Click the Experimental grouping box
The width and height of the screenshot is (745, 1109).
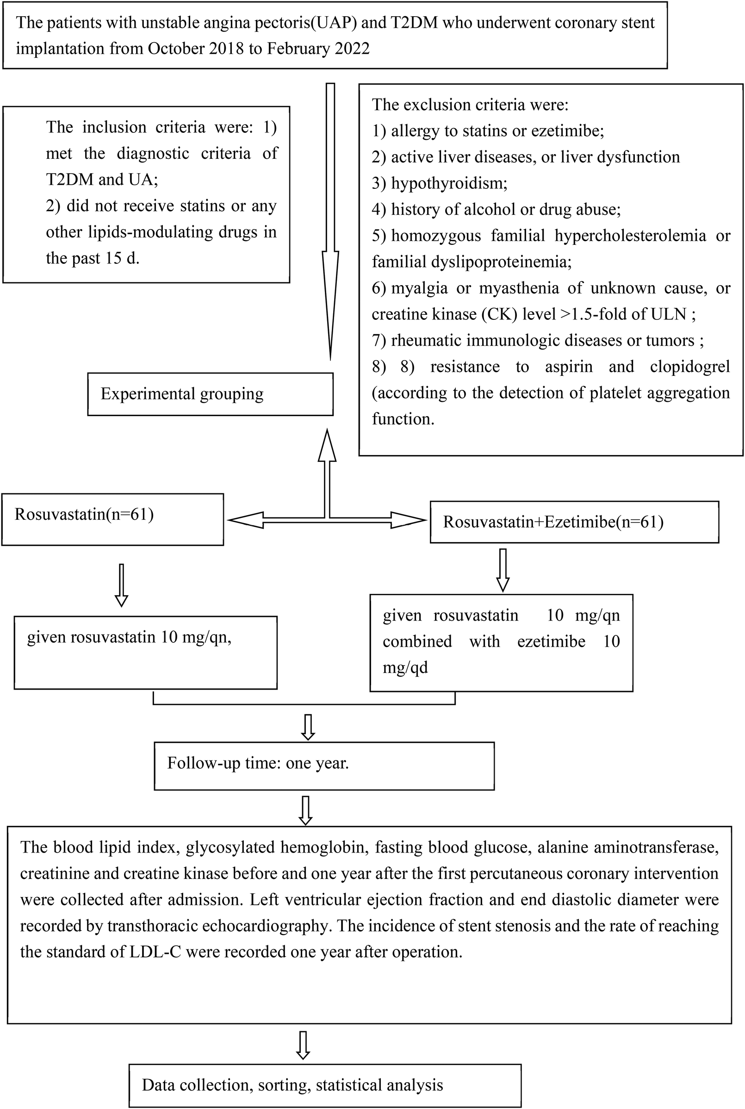tap(210, 394)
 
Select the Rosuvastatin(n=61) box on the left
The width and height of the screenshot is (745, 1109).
tap(112, 519)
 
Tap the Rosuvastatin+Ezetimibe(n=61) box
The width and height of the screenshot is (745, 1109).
tap(574, 522)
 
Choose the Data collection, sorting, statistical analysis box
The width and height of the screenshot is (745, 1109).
tap(325, 1085)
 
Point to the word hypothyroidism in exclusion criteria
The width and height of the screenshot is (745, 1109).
tap(448, 183)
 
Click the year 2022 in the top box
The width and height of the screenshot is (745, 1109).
tap(352, 49)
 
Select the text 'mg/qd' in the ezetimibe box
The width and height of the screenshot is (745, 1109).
tap(405, 667)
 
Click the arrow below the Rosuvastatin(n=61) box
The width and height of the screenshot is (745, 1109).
tap(122, 586)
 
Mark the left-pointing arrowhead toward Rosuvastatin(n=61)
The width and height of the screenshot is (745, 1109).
tap(245, 520)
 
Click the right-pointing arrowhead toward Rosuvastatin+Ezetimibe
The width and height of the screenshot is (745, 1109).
tap(409, 520)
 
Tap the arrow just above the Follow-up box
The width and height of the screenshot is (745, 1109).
tap(308, 727)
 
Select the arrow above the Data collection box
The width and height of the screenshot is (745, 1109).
tap(303, 1045)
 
